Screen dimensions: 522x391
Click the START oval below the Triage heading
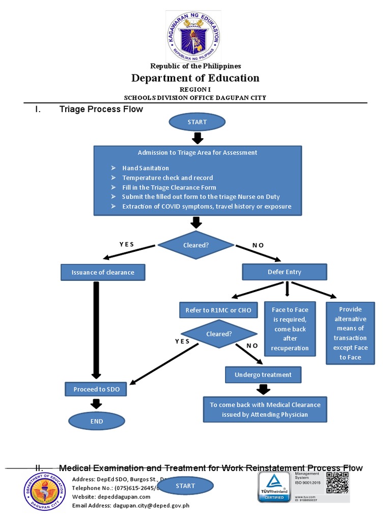[198, 122]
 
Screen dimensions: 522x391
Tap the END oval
[97, 421]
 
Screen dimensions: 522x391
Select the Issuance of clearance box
[103, 272]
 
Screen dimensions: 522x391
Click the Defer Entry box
[284, 272]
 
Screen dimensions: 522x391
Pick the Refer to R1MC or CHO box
[218, 310]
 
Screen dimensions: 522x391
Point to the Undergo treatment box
[263, 375]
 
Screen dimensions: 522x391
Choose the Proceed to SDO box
[96, 389]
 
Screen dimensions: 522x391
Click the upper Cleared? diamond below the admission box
[196, 245]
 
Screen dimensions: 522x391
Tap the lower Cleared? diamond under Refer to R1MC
[219, 334]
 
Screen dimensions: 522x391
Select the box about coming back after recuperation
[290, 329]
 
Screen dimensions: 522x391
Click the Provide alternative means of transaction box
[350, 333]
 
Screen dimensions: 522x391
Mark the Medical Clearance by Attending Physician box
[265, 409]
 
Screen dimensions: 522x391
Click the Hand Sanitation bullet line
[146, 168]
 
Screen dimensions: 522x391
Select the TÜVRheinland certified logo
[273, 486]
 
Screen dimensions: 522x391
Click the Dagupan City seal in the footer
[45, 491]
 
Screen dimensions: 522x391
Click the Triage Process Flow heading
[101, 109]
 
